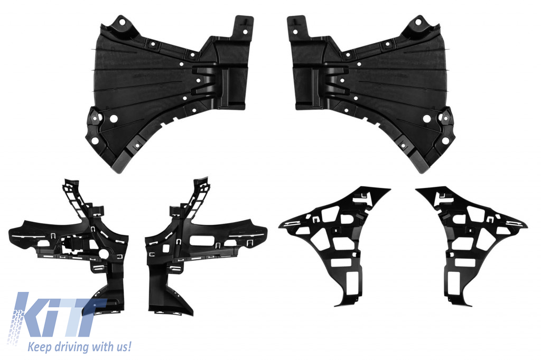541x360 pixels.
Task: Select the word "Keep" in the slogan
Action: coord(36,347)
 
